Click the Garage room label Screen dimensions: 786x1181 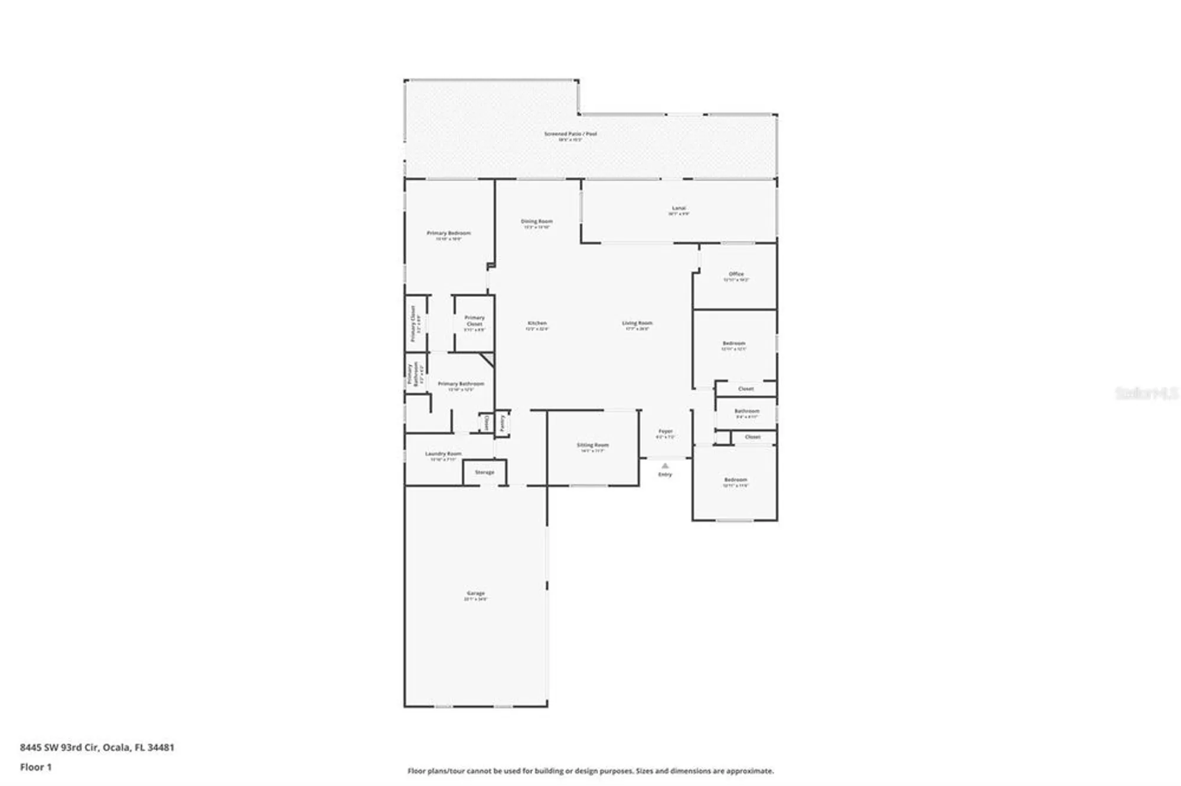tap(475, 593)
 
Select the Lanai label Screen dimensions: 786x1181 tap(678, 208)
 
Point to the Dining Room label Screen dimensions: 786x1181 tap(537, 221)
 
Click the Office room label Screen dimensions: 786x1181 tap(736, 274)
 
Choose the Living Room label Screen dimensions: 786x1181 tap(637, 323)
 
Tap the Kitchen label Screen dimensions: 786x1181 tap(537, 323)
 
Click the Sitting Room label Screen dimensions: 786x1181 tap(592, 445)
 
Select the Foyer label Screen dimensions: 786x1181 tap(665, 431)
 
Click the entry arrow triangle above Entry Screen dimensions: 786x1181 tap(665, 466)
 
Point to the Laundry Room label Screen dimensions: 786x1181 tap(443, 454)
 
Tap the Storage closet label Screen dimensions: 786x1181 tap(484, 472)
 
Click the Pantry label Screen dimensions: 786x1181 tap(503, 423)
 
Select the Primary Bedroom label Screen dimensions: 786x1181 tap(449, 233)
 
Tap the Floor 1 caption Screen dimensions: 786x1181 tap(35, 767)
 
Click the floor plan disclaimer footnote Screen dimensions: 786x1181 tap(590, 771)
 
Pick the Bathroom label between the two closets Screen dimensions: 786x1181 tap(746, 411)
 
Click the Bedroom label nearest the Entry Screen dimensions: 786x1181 tap(735, 480)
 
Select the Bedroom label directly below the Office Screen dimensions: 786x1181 tap(733, 343)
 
